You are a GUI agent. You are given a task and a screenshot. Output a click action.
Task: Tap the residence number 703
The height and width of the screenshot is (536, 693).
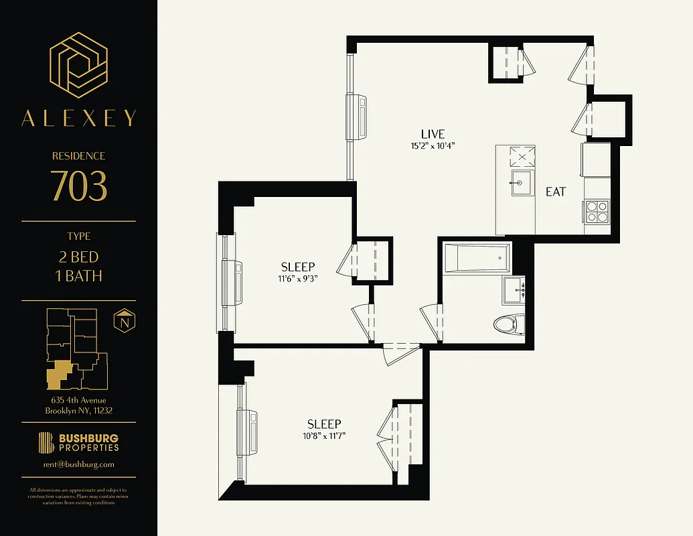coord(79,187)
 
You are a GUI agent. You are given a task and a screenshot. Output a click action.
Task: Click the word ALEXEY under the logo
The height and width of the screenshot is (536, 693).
coord(79,119)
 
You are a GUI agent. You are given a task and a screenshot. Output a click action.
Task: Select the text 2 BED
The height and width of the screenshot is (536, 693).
coord(79,257)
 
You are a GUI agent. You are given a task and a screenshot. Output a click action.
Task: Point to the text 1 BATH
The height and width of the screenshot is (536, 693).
coord(79,275)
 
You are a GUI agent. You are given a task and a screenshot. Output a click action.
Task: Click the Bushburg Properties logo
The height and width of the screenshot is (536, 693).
coord(79,443)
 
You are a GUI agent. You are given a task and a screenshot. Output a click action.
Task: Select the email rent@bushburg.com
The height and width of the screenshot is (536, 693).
coord(79,464)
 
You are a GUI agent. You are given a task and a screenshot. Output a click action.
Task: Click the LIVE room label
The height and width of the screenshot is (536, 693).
coord(433,134)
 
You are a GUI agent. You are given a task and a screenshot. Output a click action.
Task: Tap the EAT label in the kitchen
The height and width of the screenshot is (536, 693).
coord(556,192)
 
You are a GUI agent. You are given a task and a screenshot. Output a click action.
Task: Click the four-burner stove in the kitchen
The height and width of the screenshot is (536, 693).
coord(597,211)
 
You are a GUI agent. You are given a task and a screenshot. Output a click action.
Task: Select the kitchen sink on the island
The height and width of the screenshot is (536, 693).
coord(521,182)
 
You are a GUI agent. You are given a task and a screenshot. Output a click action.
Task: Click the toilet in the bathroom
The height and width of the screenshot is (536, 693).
coord(508,325)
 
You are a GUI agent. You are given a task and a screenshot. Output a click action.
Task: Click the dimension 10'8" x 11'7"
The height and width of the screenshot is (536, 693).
coord(324,436)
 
